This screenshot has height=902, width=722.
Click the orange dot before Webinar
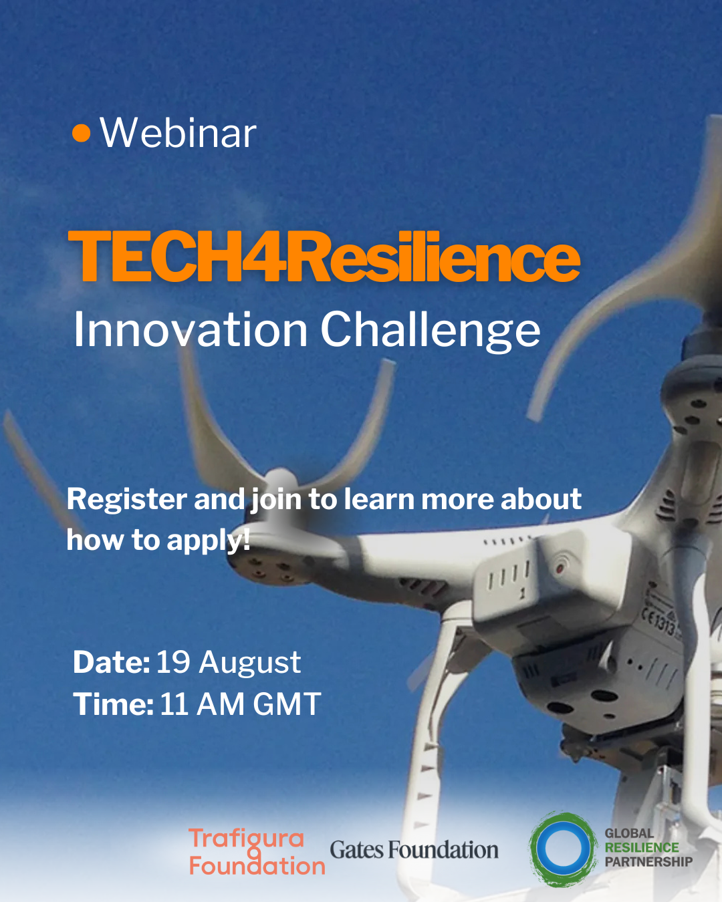click(82, 133)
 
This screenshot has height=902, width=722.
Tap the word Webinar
click(178, 133)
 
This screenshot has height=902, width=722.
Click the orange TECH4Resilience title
click(324, 256)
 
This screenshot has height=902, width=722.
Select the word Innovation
click(191, 330)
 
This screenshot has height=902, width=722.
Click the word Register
click(127, 500)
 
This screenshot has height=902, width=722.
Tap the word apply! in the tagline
click(209, 541)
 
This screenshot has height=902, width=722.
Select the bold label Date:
click(112, 663)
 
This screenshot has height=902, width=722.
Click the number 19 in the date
click(173, 663)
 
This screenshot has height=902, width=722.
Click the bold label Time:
click(113, 704)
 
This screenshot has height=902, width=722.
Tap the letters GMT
click(287, 704)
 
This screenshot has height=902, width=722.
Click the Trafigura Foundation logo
click(257, 852)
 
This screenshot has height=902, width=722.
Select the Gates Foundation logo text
click(414, 850)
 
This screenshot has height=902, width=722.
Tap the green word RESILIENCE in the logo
click(642, 847)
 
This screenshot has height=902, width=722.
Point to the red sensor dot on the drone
click(560, 569)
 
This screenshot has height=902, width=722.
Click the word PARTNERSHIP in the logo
click(648, 862)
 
